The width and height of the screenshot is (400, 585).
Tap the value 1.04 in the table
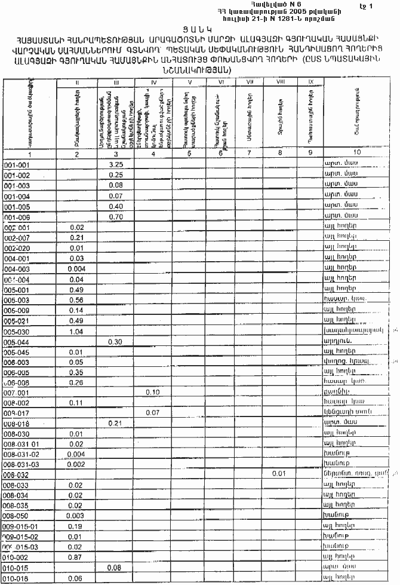76,330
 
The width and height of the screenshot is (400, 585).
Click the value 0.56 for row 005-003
76,299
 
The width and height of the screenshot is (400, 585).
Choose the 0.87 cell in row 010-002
76,557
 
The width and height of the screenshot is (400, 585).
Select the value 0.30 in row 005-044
116,341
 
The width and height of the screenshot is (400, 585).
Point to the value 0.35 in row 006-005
76,372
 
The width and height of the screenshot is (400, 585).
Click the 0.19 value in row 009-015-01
76,526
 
